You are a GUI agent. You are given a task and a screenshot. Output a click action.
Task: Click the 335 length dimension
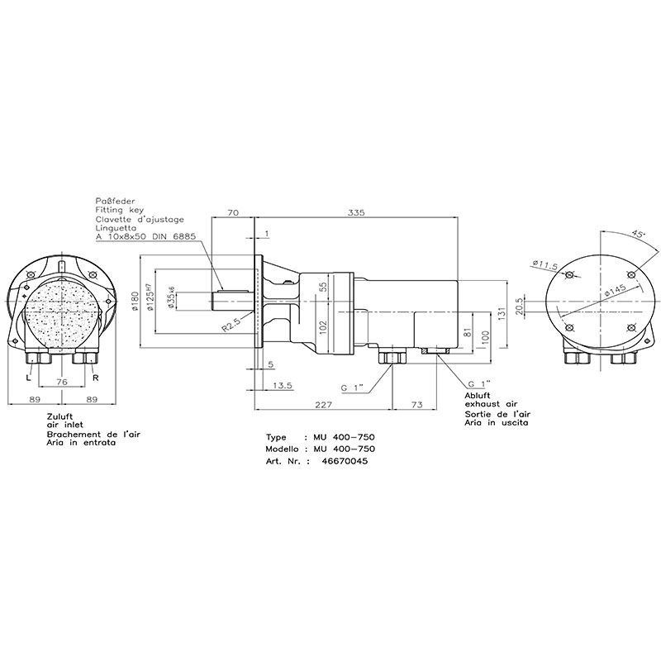coord(357,212)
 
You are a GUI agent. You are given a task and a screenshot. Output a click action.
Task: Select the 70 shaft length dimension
coord(233,212)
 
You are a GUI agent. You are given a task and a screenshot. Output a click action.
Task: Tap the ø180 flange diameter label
coord(135,302)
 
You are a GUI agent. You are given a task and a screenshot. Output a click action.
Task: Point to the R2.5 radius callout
coord(231,325)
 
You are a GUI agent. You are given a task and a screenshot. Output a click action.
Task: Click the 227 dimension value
coord(324,405)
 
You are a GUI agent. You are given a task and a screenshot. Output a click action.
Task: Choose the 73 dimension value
coord(416,405)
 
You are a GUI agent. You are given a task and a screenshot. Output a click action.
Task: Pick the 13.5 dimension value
coord(283,385)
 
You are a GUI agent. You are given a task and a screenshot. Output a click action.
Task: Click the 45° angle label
coord(638,235)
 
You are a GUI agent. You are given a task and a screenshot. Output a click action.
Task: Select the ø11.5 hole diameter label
coord(544,264)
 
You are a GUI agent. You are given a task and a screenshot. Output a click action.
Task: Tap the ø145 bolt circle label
coord(615,291)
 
